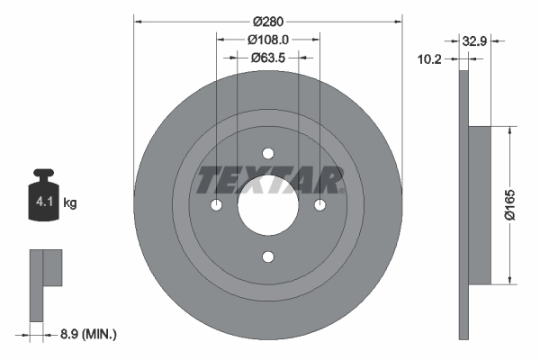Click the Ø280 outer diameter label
click(267, 20)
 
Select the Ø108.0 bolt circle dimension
click(267, 40)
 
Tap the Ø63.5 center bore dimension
click(267, 58)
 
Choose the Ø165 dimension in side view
click(509, 204)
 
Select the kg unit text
click(70, 203)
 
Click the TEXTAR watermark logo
click(269, 180)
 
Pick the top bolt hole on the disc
click(267, 153)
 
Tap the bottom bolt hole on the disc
click(267, 257)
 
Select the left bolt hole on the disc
click(216, 205)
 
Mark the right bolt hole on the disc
click(319, 205)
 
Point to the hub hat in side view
click(480, 204)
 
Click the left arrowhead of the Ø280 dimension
click(138, 20)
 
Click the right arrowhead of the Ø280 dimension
click(397, 20)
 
